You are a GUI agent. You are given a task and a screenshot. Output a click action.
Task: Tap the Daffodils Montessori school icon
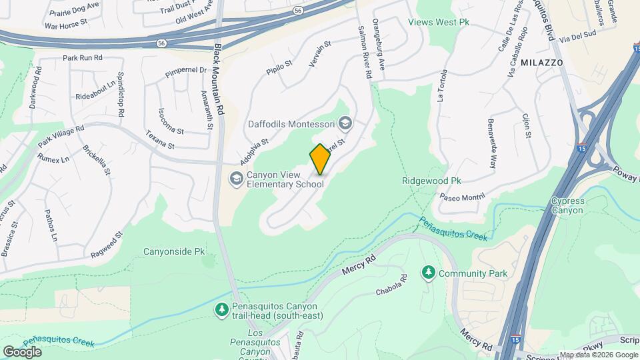pyautogui.click(x=345, y=123)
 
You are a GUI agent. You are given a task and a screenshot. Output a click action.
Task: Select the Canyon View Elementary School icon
pyautogui.click(x=236, y=178)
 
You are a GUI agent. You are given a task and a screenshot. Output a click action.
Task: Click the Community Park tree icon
pyautogui.click(x=428, y=273)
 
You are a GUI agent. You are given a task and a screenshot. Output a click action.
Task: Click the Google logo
pyautogui.click(x=22, y=351)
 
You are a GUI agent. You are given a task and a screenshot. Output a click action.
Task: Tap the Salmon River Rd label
pyautogui.click(x=364, y=53)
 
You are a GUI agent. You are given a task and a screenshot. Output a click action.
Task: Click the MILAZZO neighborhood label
pyautogui.click(x=542, y=62)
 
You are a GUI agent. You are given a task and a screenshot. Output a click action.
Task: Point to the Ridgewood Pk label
pyautogui.click(x=432, y=181)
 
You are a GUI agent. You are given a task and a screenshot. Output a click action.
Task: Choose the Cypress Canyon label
pyautogui.click(x=567, y=205)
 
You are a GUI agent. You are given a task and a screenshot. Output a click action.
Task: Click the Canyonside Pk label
pyautogui.click(x=174, y=251)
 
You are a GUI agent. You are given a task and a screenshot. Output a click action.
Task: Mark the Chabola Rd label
pyautogui.click(x=391, y=285)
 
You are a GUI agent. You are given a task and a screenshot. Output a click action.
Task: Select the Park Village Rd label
pyautogui.click(x=61, y=137)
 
